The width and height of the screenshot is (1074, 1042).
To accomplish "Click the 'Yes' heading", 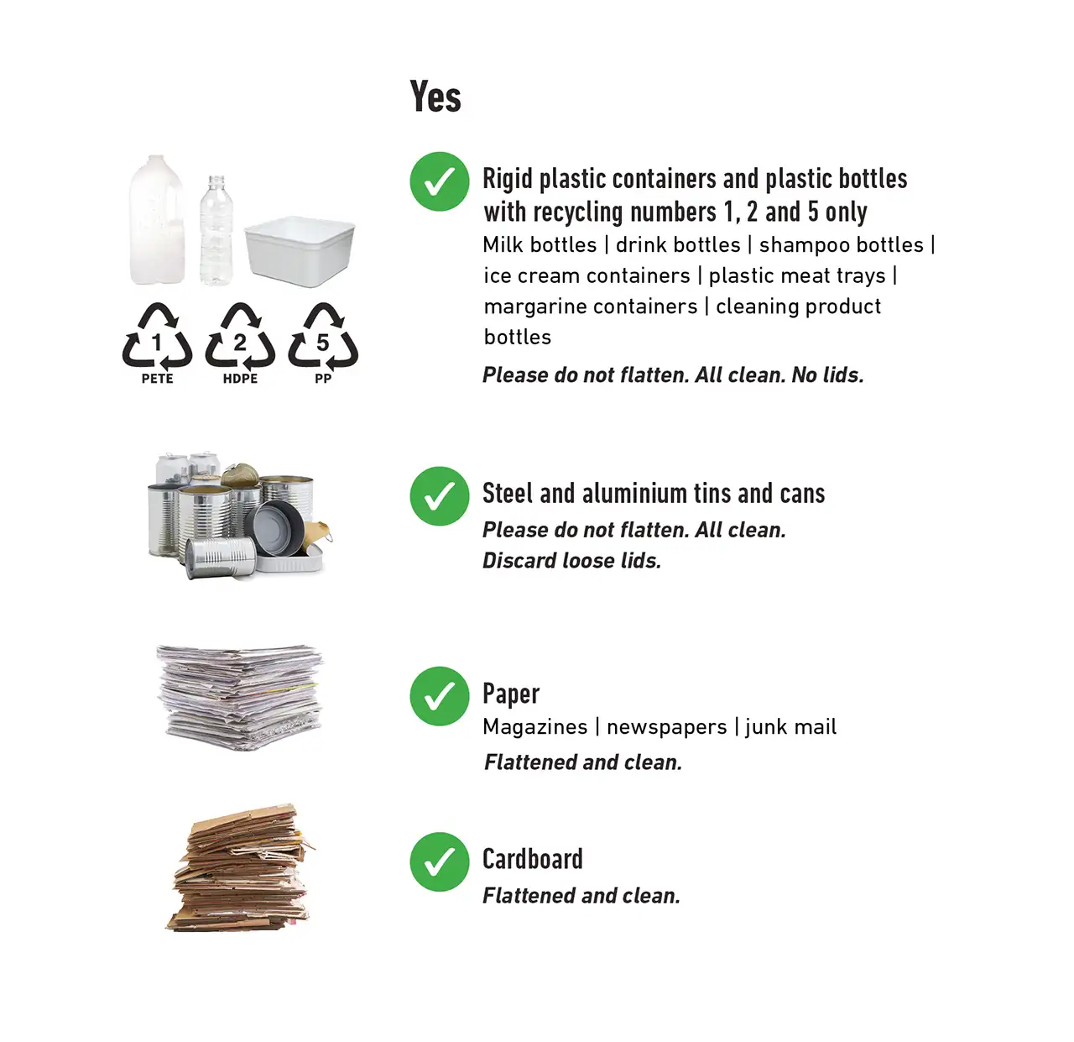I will click(435, 97).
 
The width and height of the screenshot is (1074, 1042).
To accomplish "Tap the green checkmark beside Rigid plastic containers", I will click(439, 181).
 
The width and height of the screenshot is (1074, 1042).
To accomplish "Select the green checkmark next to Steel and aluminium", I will click(439, 495).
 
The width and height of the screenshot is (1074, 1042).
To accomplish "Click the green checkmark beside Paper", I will click(439, 696).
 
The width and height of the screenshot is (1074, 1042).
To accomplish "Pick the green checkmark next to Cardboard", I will click(439, 861).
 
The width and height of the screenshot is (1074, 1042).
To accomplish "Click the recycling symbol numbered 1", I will click(157, 338).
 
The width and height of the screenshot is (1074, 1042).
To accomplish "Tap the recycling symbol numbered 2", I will click(240, 338).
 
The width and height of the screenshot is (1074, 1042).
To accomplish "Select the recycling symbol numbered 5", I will click(323, 338).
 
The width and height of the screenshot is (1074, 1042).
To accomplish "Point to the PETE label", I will click(157, 379).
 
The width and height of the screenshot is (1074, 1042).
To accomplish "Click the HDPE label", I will click(240, 379).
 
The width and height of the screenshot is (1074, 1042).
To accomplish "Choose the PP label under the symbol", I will click(323, 379).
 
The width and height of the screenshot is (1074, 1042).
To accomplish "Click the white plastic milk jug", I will click(158, 223).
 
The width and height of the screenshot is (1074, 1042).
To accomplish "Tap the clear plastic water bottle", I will click(216, 231).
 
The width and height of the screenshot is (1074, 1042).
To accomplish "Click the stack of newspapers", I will click(240, 697).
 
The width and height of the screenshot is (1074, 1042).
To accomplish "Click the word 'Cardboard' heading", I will click(532, 859).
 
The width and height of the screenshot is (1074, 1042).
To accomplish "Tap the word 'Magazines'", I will click(534, 727).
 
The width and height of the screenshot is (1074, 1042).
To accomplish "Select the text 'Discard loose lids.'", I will click(571, 561).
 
